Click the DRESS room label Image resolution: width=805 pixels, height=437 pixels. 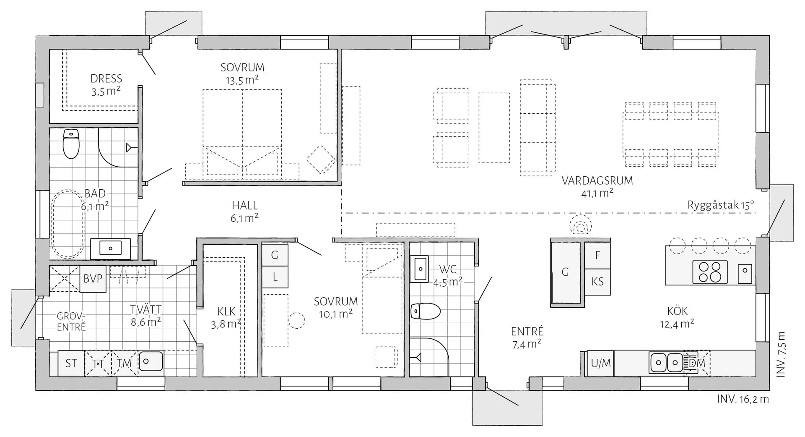click(x=106, y=79)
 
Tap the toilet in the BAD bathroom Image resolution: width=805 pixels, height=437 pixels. click(x=71, y=144)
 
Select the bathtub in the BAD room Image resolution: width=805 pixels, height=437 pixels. click(x=68, y=225)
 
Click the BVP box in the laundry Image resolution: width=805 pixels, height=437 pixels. click(x=93, y=279)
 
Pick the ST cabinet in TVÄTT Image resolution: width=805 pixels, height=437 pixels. click(x=71, y=363)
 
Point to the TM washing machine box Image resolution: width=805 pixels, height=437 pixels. click(x=124, y=363)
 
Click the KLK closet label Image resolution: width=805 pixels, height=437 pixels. click(x=226, y=311)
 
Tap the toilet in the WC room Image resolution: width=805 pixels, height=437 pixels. click(x=425, y=311)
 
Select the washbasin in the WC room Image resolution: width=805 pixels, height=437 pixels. click(x=419, y=269)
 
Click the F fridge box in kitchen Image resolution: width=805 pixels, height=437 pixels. click(x=597, y=255)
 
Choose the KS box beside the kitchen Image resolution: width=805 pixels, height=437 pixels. click(x=597, y=281)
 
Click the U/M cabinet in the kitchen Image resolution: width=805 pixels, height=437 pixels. click(x=600, y=363)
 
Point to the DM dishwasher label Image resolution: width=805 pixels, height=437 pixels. click(x=697, y=363)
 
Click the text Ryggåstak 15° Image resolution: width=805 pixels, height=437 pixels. click(x=721, y=205)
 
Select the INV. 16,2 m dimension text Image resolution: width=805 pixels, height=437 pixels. click(x=743, y=399)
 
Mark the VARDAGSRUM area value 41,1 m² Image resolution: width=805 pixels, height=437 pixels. click(x=597, y=193)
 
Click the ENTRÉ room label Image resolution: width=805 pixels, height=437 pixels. click(x=527, y=331)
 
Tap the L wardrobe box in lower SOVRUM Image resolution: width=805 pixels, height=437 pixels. click(x=275, y=277)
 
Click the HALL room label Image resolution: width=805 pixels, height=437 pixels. click(x=245, y=205)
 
